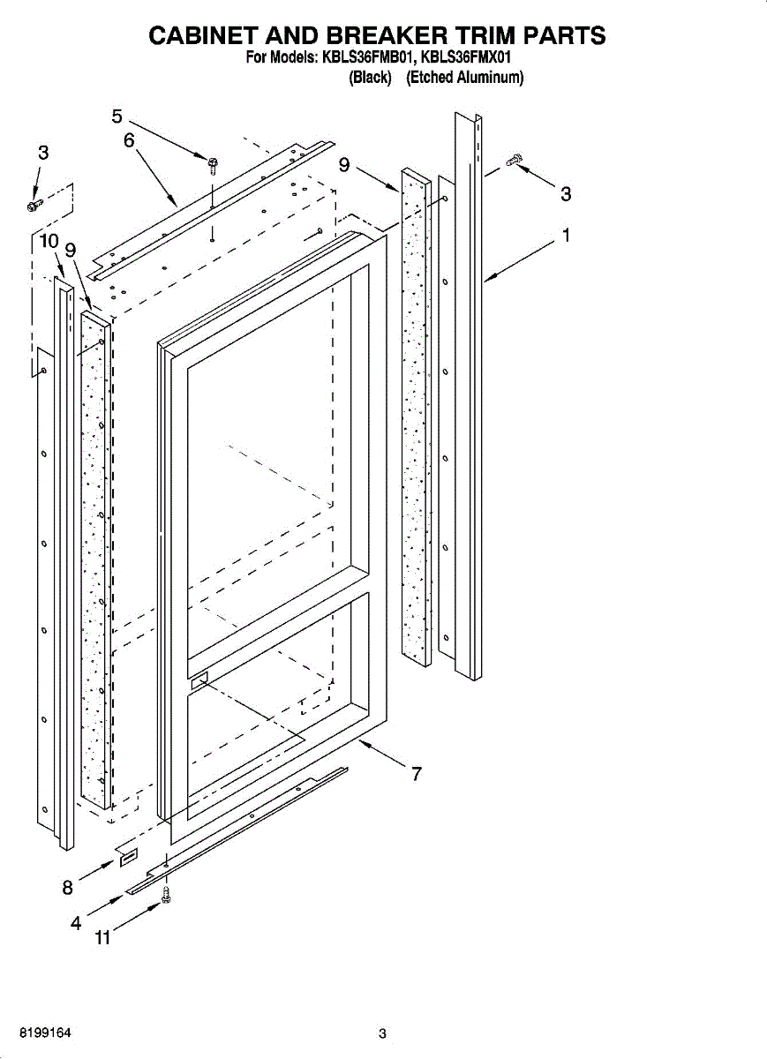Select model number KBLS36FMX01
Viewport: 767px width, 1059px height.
click(468, 58)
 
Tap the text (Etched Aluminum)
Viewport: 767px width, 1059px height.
click(465, 78)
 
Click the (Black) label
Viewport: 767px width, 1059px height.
click(371, 78)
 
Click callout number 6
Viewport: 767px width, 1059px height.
click(129, 140)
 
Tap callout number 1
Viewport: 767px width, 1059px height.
click(566, 236)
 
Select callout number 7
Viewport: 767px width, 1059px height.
click(416, 774)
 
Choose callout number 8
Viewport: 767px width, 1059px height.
click(67, 889)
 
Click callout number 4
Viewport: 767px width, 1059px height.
click(76, 924)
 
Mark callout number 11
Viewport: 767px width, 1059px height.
click(102, 939)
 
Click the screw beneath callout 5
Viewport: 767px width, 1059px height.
click(214, 163)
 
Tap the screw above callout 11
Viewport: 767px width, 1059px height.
click(165, 896)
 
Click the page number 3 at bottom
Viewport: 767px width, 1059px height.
click(382, 1034)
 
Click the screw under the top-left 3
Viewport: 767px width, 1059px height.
click(34, 205)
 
